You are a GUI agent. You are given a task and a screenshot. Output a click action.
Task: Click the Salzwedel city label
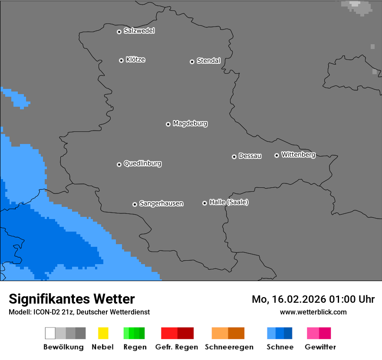click(x=139, y=31)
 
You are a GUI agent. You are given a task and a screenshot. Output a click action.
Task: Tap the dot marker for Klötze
click(x=121, y=60)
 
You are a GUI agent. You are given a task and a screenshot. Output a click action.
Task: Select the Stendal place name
click(x=208, y=61)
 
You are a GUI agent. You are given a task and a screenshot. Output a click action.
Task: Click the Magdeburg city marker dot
click(x=168, y=124)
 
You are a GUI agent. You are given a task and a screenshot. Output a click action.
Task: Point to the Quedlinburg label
click(x=142, y=164)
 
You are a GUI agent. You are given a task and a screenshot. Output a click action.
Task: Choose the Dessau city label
click(x=250, y=156)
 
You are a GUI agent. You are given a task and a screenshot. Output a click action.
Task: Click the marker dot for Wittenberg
click(x=277, y=155)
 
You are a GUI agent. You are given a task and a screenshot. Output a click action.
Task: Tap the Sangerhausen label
click(x=161, y=203)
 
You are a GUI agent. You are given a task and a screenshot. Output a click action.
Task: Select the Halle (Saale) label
click(x=229, y=202)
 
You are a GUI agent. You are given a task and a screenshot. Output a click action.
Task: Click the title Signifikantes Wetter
click(x=72, y=299)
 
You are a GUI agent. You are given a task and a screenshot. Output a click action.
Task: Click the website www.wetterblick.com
click(x=313, y=312)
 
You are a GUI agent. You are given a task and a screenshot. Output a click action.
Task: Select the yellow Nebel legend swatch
click(x=103, y=333)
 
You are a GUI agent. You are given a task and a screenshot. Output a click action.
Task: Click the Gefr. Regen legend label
click(x=177, y=347)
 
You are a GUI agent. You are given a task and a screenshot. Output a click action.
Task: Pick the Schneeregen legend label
click(x=228, y=347)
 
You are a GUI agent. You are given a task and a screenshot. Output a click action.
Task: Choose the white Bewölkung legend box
click(x=50, y=333)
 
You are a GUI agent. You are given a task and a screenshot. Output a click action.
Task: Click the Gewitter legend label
click(x=320, y=347)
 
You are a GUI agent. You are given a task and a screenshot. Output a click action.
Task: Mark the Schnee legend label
click(x=280, y=347)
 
